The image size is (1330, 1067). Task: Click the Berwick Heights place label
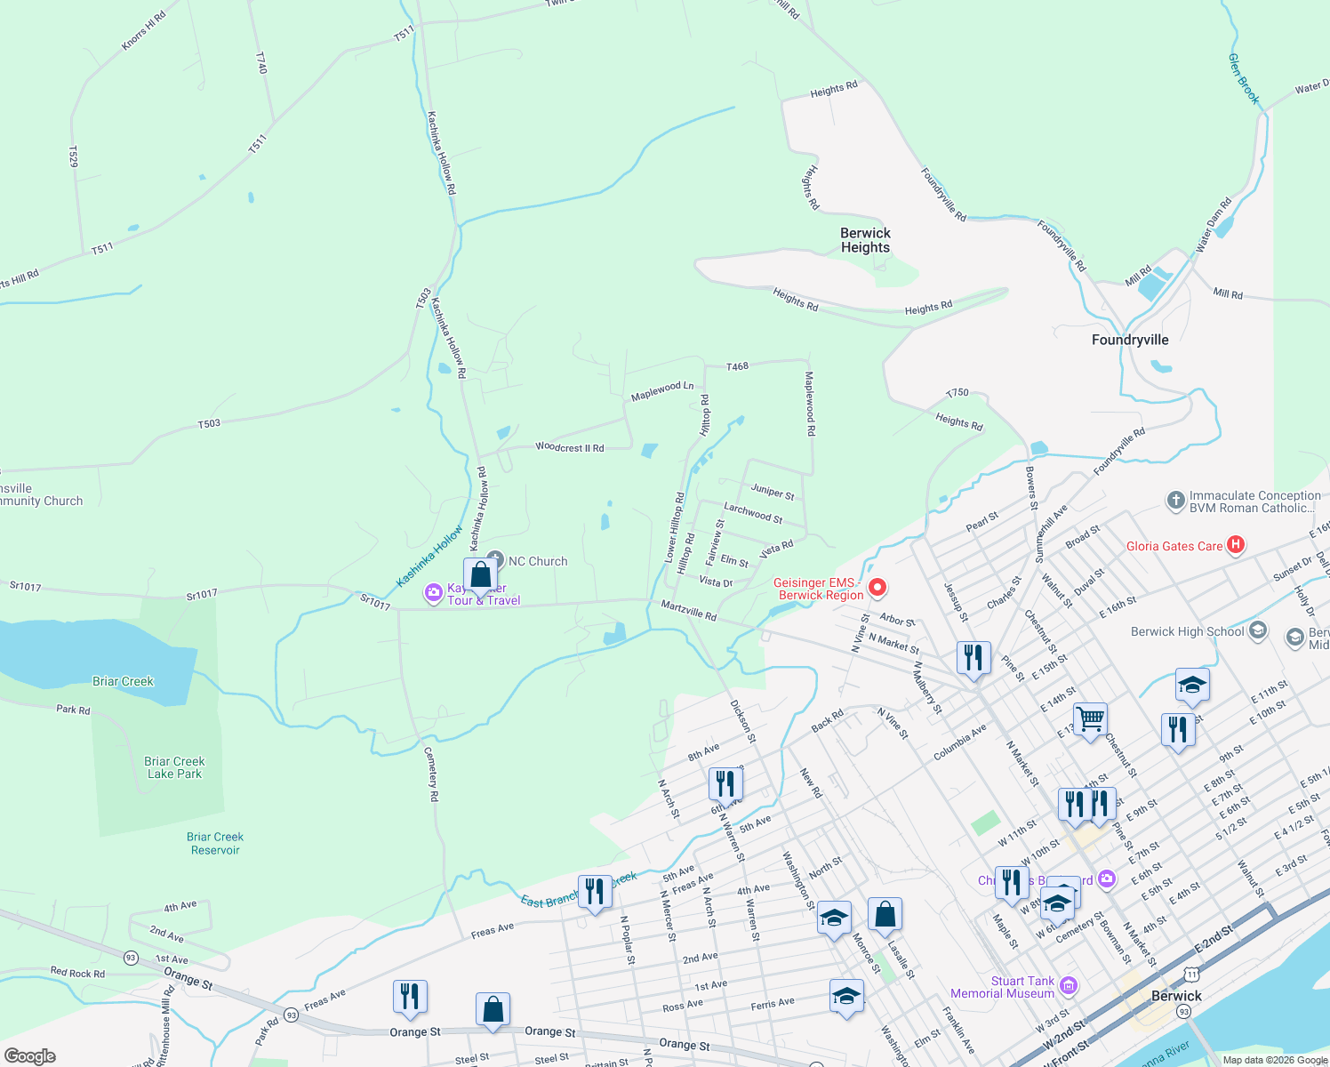(865, 240)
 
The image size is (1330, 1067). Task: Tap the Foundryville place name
(1130, 340)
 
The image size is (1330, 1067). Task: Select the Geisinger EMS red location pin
(877, 587)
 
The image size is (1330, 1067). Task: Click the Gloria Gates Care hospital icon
(1235, 545)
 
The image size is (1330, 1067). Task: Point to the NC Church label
(537, 561)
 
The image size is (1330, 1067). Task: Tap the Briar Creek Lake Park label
(174, 767)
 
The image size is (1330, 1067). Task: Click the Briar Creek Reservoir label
(215, 843)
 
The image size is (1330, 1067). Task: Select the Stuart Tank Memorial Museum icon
(1069, 985)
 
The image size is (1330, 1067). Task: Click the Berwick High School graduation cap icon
(1257, 631)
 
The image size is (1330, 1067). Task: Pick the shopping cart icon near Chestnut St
(1090, 717)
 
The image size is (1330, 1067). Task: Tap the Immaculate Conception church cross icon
(1175, 501)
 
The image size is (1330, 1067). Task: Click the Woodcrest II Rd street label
(569, 447)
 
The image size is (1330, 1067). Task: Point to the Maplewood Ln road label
(662, 390)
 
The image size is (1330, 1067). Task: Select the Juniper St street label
(773, 491)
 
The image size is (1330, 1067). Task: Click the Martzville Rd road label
(688, 610)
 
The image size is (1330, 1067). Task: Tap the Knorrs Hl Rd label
(143, 31)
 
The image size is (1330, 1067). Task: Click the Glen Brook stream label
(1244, 78)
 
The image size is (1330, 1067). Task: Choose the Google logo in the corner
(30, 1056)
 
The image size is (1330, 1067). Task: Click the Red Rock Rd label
(77, 973)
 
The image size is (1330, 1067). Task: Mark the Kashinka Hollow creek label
(429, 557)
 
